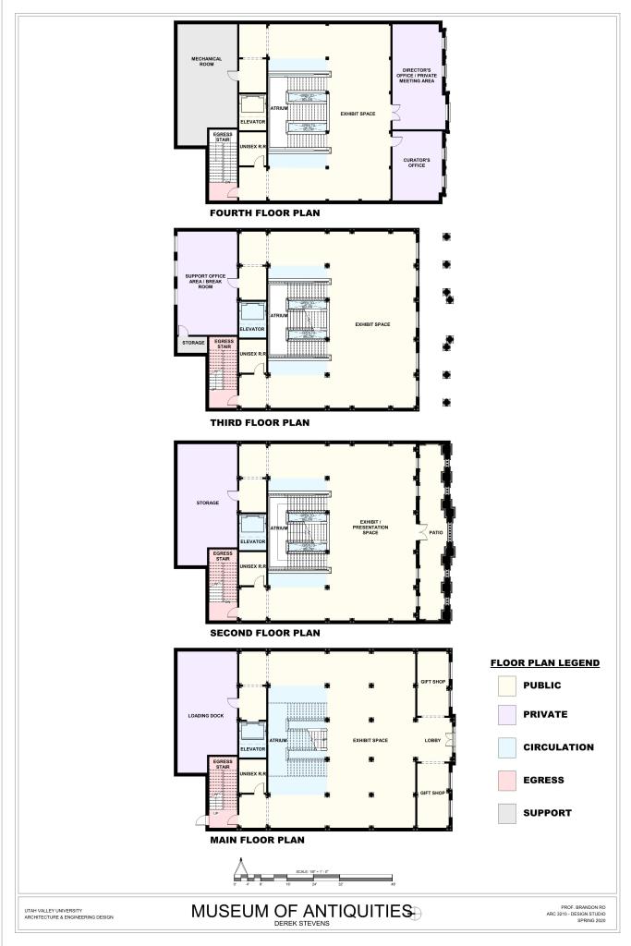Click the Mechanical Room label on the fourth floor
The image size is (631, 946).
click(x=206, y=62)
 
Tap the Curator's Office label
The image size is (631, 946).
click(x=417, y=163)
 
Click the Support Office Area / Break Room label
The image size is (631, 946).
click(x=206, y=281)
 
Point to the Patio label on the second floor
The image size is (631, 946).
click(x=436, y=532)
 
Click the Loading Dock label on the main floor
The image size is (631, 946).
click(x=206, y=715)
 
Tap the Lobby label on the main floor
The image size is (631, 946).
click(x=432, y=740)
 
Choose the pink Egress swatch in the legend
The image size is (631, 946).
click(x=505, y=781)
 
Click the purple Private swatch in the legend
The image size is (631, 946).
click(x=505, y=714)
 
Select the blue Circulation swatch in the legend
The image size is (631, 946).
click(x=505, y=747)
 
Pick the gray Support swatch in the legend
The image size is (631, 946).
click(x=505, y=814)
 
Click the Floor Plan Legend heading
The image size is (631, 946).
click(x=544, y=662)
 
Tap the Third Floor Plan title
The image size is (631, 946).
click(x=260, y=422)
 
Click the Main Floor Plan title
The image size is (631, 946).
click(x=257, y=840)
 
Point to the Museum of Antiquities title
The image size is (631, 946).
click(x=301, y=911)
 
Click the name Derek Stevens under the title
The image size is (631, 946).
click(x=301, y=923)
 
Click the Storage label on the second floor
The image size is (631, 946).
click(x=207, y=503)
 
